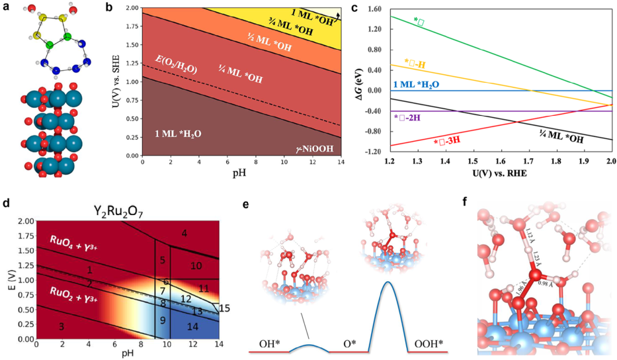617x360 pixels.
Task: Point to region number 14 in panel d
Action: click(192, 326)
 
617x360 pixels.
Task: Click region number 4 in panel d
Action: click(184, 233)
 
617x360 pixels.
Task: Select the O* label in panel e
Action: click(349, 344)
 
